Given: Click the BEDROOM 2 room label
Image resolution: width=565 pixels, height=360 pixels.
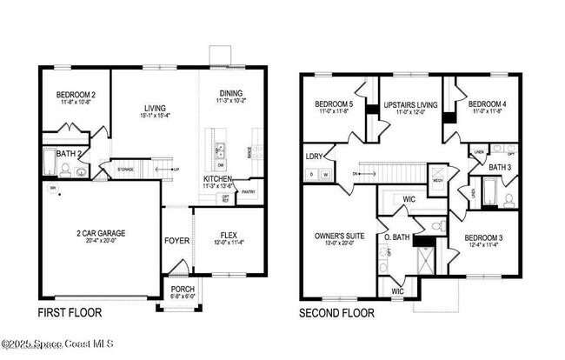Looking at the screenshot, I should [76, 95].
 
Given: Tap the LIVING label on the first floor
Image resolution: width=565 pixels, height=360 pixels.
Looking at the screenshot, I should [155, 108].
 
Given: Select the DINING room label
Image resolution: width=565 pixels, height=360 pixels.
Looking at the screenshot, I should [230, 94].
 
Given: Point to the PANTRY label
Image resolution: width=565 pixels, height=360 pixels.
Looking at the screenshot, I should [249, 193].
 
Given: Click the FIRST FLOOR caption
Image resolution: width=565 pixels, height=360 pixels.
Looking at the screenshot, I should [69, 312].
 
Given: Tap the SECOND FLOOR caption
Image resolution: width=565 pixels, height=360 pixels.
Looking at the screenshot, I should [336, 312].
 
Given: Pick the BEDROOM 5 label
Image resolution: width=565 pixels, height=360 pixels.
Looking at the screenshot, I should [334, 105].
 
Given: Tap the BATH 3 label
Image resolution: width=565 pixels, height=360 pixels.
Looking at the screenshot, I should [499, 167].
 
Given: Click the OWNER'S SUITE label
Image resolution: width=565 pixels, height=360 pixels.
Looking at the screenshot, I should [333, 235].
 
